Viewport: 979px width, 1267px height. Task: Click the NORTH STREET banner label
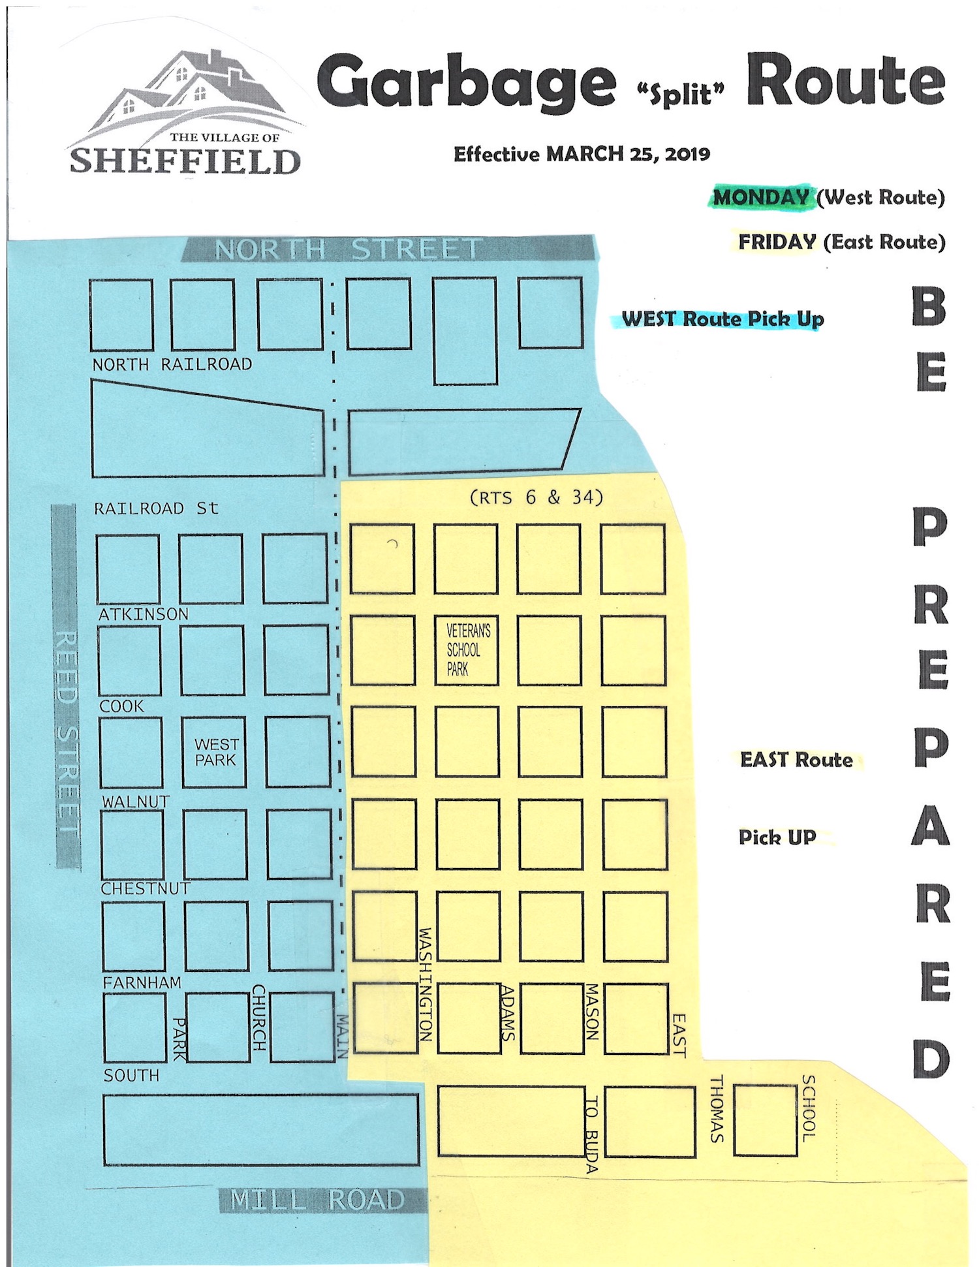coord(348,249)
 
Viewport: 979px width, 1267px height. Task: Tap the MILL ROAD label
coord(318,1200)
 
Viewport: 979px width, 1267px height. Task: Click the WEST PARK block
coord(215,752)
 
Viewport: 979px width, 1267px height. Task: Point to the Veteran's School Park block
coord(467,649)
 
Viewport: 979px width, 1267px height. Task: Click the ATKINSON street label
coord(143,614)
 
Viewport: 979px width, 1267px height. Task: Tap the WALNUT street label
coord(136,801)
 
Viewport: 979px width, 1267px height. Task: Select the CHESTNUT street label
coord(145,888)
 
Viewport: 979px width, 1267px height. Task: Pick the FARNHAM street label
coord(142,982)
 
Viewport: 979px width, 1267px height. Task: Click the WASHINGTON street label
coord(425,984)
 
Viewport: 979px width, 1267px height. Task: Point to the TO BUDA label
coord(591,1136)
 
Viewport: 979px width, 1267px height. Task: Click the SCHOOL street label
coord(808,1108)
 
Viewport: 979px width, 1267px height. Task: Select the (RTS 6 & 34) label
coord(536,497)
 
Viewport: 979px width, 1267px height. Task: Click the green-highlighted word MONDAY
coord(760,196)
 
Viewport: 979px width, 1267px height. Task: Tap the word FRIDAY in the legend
coord(777,242)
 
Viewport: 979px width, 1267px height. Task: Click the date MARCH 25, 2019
coord(628,154)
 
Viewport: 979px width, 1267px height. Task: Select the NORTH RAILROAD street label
coord(172,364)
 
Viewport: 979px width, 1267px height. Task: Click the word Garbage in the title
coord(466,83)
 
